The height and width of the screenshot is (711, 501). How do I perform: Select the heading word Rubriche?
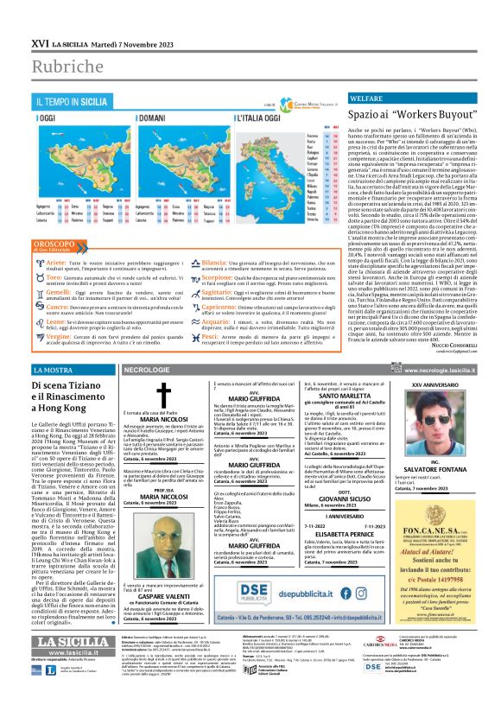66,64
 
